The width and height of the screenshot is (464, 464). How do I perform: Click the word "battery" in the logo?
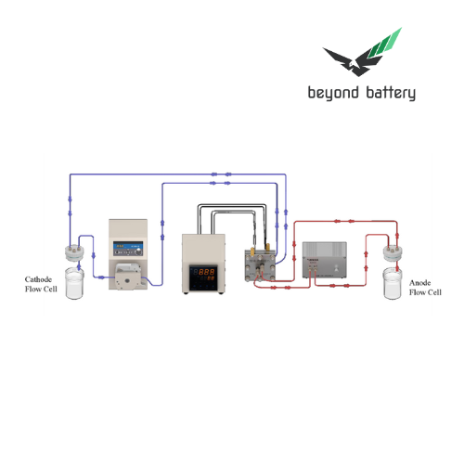[391, 93]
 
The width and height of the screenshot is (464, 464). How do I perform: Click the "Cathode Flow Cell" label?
[42, 283]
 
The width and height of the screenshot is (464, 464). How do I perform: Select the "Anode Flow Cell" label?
[423, 288]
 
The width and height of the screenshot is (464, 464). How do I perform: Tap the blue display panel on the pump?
[125, 247]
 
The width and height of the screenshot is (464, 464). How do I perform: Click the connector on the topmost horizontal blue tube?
[214, 173]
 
